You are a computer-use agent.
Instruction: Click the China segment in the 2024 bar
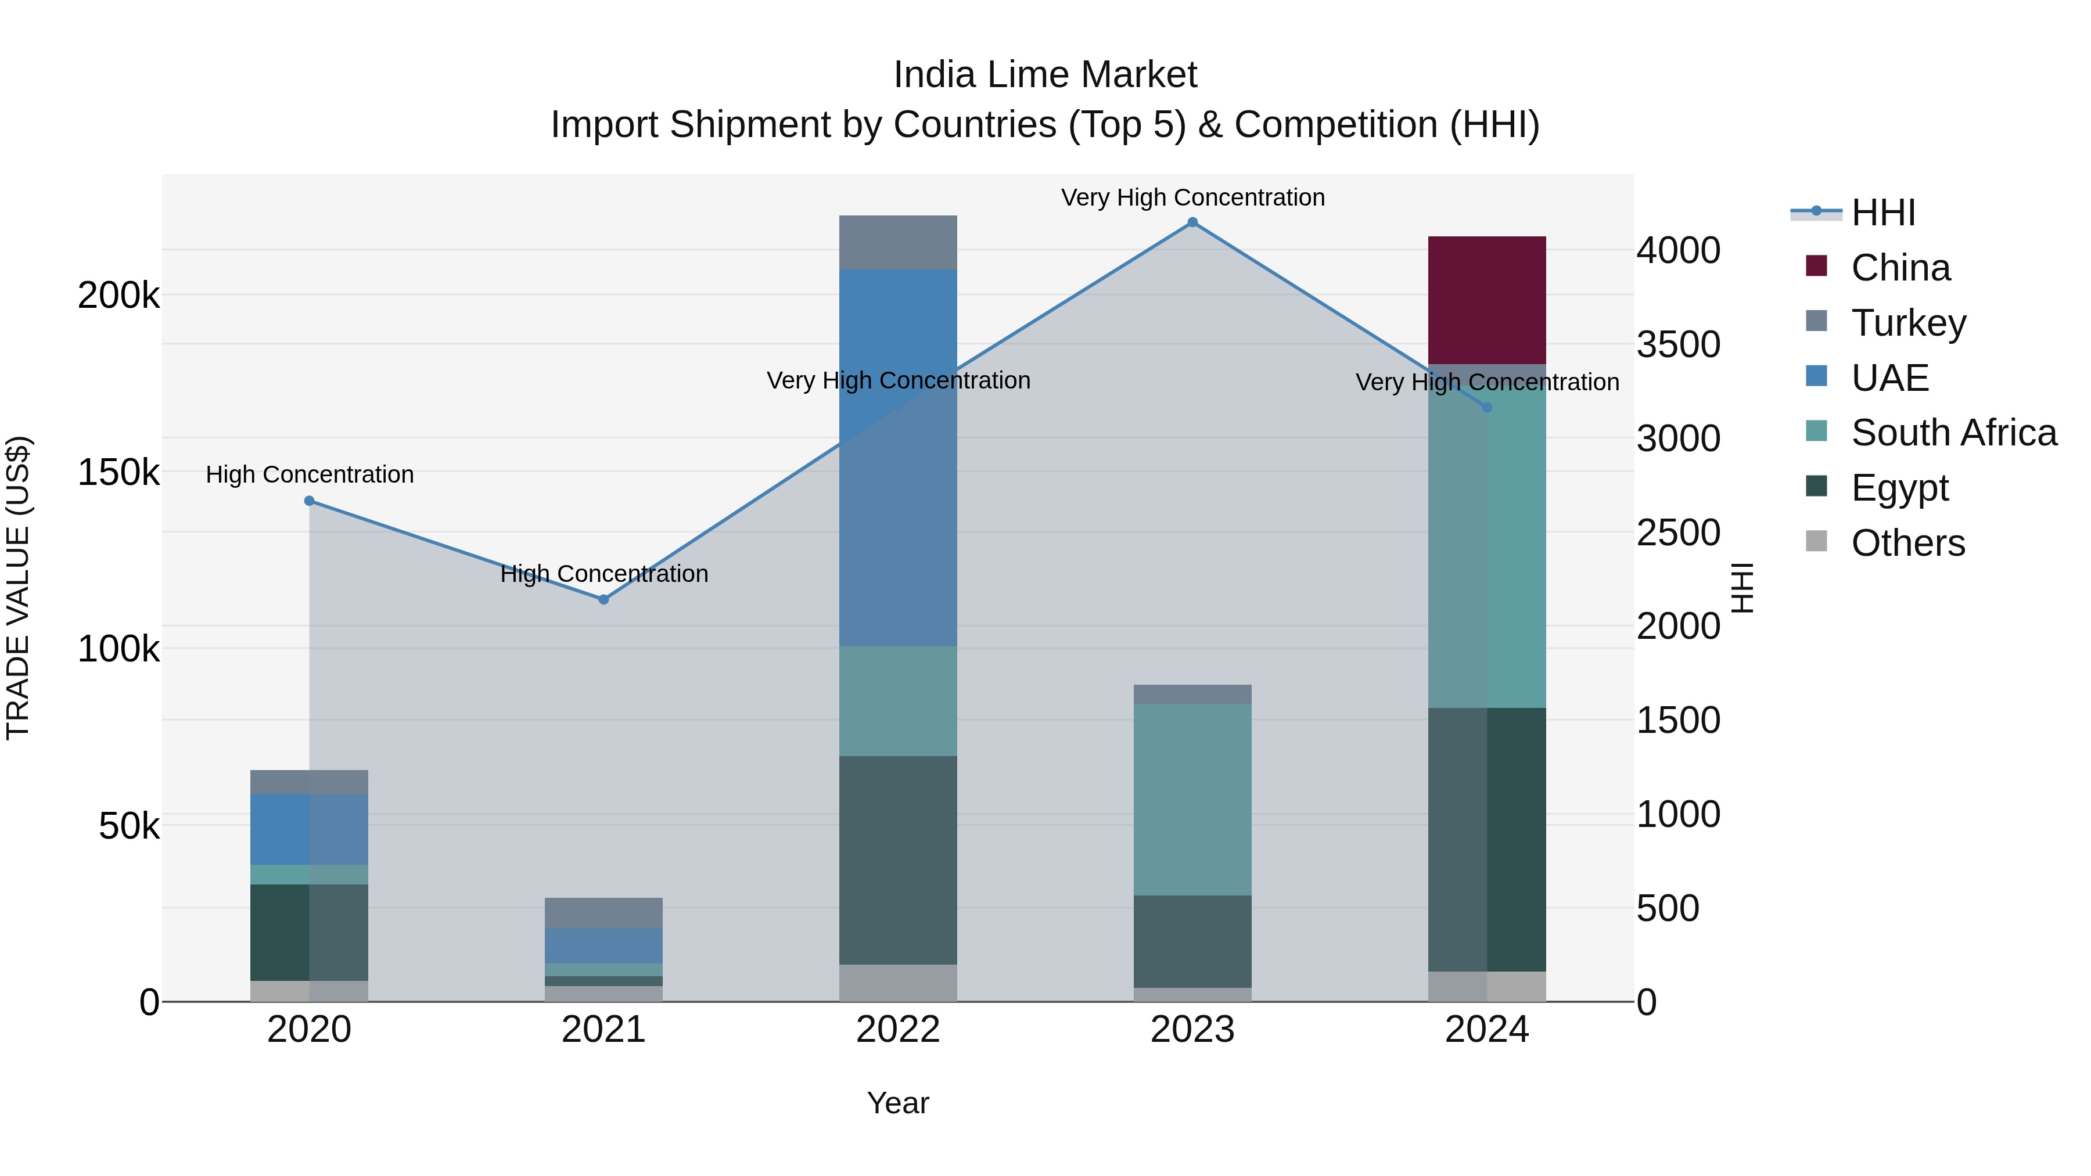[1486, 300]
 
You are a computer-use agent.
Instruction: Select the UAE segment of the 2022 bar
[898, 457]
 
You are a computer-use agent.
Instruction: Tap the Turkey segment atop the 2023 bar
[1192, 694]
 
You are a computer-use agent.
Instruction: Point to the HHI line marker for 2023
[1192, 222]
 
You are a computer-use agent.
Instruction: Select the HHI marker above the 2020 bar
[309, 501]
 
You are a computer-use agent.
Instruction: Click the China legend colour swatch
[1816, 266]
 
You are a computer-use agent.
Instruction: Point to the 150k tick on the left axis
[118, 472]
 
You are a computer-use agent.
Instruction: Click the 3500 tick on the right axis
[1677, 344]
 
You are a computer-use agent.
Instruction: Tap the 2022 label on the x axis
[898, 1030]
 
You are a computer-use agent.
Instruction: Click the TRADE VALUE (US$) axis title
[18, 588]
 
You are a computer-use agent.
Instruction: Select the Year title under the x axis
[898, 1103]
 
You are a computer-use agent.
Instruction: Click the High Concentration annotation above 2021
[604, 574]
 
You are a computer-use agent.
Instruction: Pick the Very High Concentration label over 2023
[1192, 197]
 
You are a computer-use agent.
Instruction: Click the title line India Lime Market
[1045, 75]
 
